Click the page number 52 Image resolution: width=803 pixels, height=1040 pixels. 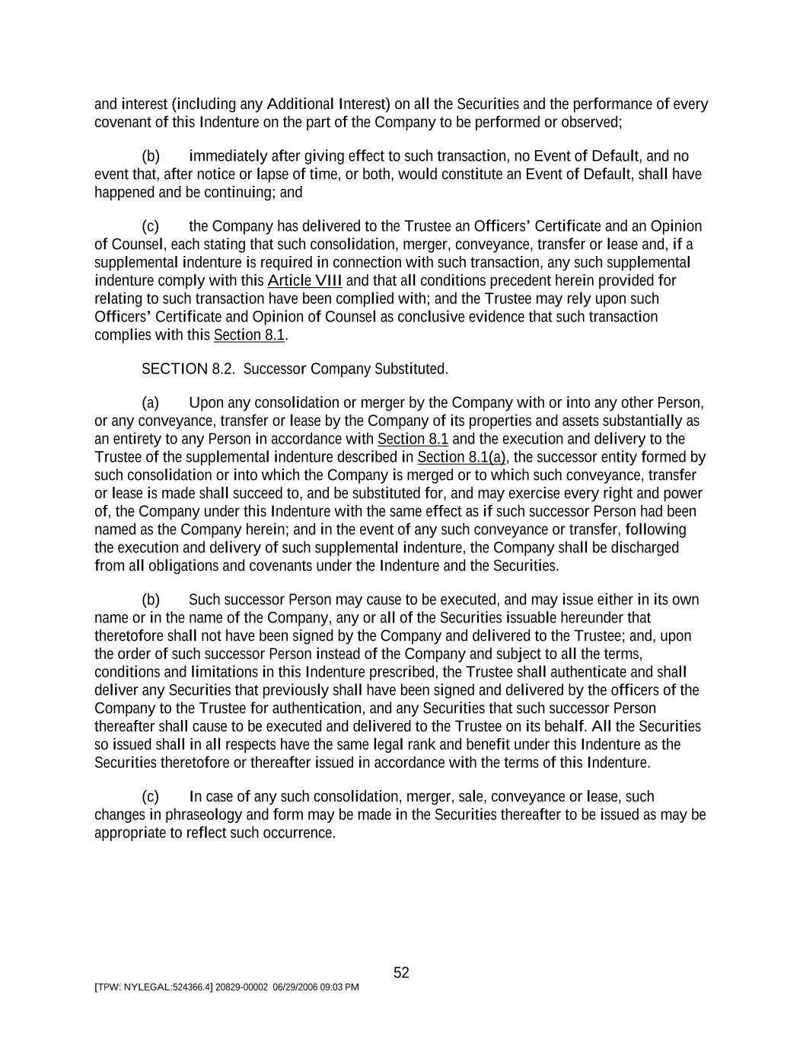tap(401, 973)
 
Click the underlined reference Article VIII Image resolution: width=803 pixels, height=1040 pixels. tap(304, 280)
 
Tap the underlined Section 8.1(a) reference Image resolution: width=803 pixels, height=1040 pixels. tap(461, 457)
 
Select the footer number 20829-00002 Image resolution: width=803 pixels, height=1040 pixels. tap(241, 987)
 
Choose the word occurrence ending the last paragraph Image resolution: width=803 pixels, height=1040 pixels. tap(302, 834)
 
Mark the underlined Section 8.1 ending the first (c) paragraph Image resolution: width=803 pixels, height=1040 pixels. tap(249, 335)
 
